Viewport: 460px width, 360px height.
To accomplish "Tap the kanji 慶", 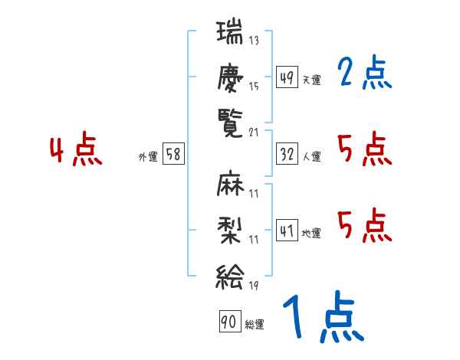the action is point(230,78).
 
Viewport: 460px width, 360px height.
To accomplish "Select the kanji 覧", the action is point(230,123).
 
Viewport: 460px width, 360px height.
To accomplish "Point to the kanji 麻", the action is point(230,184).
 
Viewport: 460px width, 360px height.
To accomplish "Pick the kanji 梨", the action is point(230,231).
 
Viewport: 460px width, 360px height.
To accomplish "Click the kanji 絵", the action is point(230,277).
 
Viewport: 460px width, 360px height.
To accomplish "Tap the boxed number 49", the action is point(287,77).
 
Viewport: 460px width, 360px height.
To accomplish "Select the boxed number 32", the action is point(287,154).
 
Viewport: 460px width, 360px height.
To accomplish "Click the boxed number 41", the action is point(287,230).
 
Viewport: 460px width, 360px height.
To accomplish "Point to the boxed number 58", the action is point(173,154).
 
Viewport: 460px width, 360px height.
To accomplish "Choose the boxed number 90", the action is point(230,321).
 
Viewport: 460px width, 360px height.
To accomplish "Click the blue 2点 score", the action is point(365,72).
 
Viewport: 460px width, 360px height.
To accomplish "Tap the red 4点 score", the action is point(76,149).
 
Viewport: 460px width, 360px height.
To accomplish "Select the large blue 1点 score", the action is point(324,317).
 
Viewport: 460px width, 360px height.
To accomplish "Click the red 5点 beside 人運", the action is point(365,149).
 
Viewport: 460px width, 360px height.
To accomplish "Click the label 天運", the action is point(311,80).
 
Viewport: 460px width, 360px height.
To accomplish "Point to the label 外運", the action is point(148,157).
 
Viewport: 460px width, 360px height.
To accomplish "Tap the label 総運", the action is point(255,324).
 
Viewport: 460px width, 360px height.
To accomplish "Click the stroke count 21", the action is point(254,133).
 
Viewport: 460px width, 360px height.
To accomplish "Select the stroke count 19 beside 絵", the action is point(254,286).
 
